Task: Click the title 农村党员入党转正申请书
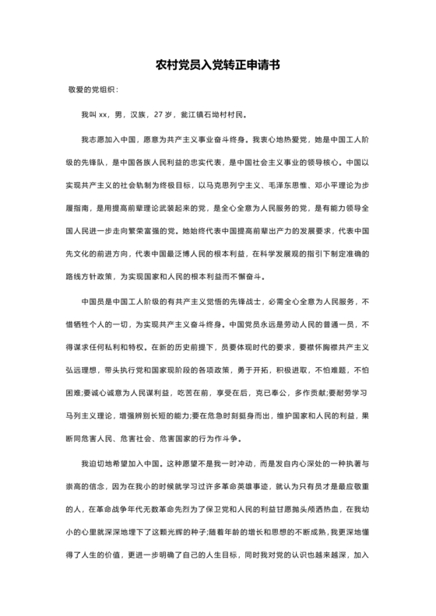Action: (217, 67)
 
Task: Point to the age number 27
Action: (158, 116)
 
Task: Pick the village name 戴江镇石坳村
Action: (204, 116)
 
